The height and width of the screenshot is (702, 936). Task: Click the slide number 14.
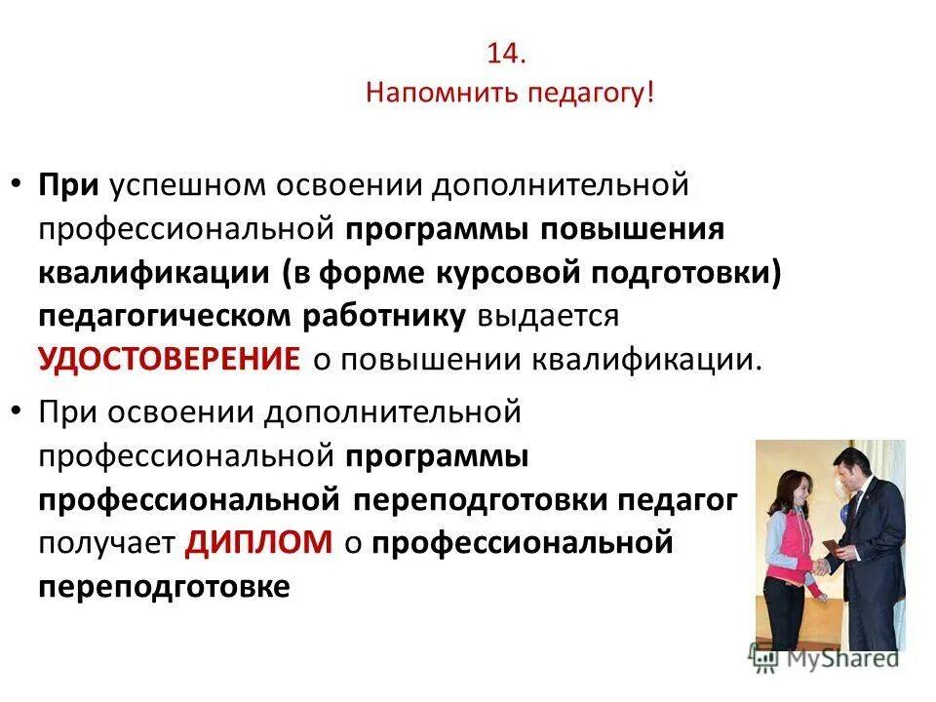tap(505, 54)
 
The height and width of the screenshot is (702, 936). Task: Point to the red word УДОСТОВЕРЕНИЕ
tap(170, 358)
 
